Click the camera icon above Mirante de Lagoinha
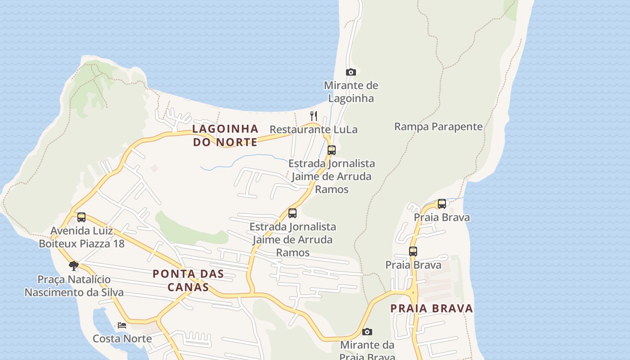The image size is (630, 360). point(351,72)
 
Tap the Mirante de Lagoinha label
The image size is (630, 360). point(351,92)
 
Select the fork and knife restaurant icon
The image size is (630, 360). point(314,116)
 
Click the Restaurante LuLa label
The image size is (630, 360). point(313,130)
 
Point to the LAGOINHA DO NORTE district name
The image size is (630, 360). point(225,135)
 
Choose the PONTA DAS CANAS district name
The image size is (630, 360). point(188,280)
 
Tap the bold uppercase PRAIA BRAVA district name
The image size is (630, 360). point(431,308)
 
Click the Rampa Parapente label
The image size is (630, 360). point(438,126)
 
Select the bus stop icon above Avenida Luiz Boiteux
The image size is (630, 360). point(81,217)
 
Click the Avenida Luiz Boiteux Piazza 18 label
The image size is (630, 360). point(81,237)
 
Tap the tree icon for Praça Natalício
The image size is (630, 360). point(74,266)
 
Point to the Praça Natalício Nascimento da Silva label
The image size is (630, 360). point(74,286)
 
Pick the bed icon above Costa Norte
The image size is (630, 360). point(122,325)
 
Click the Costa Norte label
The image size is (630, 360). point(122,338)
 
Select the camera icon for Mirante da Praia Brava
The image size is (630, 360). point(367,332)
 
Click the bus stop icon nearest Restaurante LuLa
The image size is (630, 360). point(332,150)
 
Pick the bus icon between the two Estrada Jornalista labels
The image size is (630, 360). point(292,213)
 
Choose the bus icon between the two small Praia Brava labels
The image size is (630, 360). point(413,252)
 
